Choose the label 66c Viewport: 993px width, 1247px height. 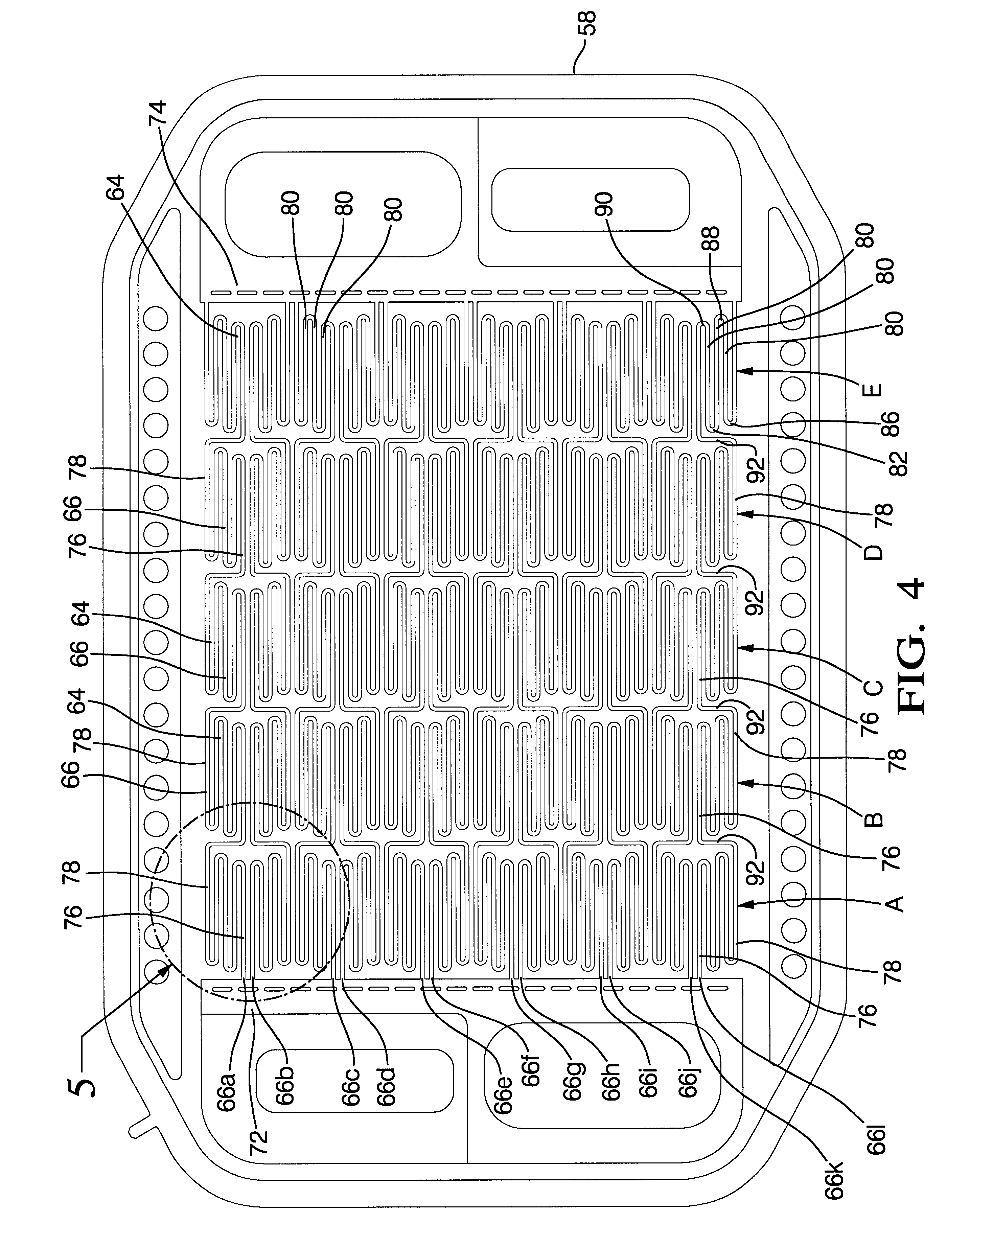350,1087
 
